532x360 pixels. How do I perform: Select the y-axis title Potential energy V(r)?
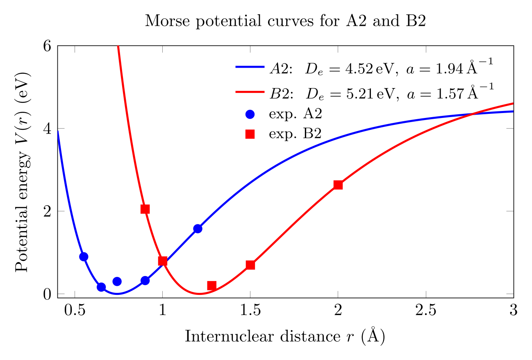pyautogui.click(x=23, y=172)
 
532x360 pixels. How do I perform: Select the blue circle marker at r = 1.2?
pyautogui.click(x=198, y=229)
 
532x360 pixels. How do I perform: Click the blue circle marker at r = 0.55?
pyautogui.click(x=84, y=257)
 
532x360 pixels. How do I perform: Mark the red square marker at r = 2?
pyautogui.click(x=338, y=185)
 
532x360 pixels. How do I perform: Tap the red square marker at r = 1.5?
pyautogui.click(x=250, y=265)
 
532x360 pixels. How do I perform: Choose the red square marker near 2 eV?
pyautogui.click(x=145, y=209)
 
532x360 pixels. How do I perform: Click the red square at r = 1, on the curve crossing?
pyautogui.click(x=163, y=261)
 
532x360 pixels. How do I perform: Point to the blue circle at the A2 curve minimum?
pyautogui.click(x=117, y=281)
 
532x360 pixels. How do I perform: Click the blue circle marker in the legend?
pyautogui.click(x=250, y=114)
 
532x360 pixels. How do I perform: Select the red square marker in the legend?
pyautogui.click(x=250, y=134)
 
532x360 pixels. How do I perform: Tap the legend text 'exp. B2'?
pyautogui.click(x=295, y=134)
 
